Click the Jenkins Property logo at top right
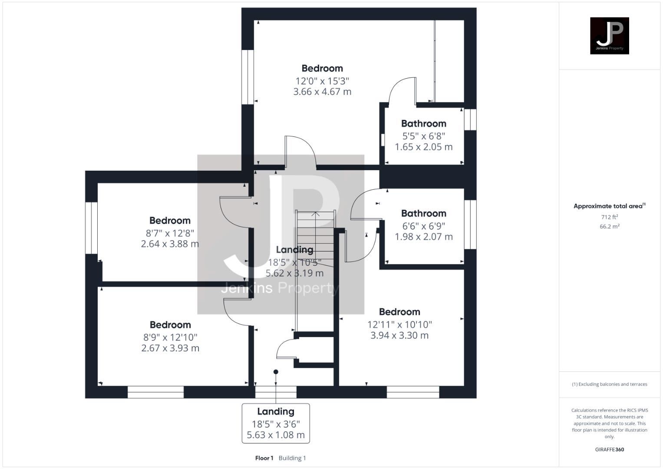pyautogui.click(x=609, y=36)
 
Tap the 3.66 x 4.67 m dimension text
pyautogui.click(x=322, y=92)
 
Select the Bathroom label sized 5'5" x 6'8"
pyautogui.click(x=423, y=124)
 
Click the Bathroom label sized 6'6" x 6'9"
pyautogui.click(x=423, y=214)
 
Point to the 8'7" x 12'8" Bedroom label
pyautogui.click(x=170, y=221)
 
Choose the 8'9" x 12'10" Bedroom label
pyautogui.click(x=170, y=325)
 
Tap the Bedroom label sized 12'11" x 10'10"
pyautogui.click(x=399, y=312)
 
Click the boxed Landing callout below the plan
pyautogui.click(x=276, y=423)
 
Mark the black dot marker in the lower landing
pyautogui.click(x=276, y=372)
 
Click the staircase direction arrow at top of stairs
pyautogui.click(x=316, y=214)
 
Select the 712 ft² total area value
pyautogui.click(x=609, y=217)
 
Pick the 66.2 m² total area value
pyautogui.click(x=609, y=226)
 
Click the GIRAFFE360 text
pyautogui.click(x=609, y=449)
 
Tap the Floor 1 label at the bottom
pyautogui.click(x=264, y=458)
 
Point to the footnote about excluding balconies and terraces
pyautogui.click(x=609, y=384)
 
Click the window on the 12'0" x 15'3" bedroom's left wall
pyautogui.click(x=247, y=77)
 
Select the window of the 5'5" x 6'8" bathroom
pyautogui.click(x=470, y=119)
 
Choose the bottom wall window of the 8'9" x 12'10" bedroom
pyautogui.click(x=155, y=392)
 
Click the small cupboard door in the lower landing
pyautogui.click(x=286, y=350)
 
